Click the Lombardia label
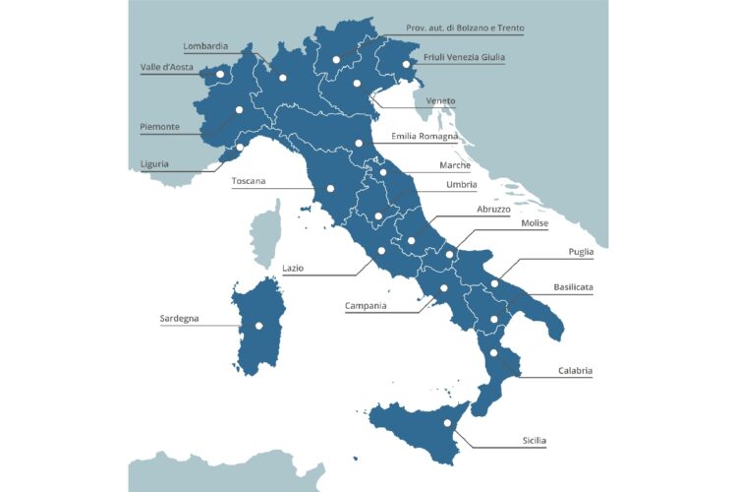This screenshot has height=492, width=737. tap(205, 45)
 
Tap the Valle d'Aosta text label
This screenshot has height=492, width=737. tap(166, 67)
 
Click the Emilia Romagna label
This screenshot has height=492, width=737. tap(425, 136)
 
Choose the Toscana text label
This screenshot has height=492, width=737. tap(249, 181)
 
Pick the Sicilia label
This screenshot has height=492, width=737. tap(534, 440)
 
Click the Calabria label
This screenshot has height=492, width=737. tap(575, 371)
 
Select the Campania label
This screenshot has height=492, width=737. tap(366, 306)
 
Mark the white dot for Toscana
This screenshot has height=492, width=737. tap(330, 188)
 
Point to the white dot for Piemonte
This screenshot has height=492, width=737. tap(239, 109)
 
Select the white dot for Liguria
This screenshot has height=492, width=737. tap(240, 149)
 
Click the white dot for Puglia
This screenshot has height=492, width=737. tap(495, 283)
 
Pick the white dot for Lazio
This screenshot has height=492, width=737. tap(381, 251)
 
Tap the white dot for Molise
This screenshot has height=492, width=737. tap(449, 255)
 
